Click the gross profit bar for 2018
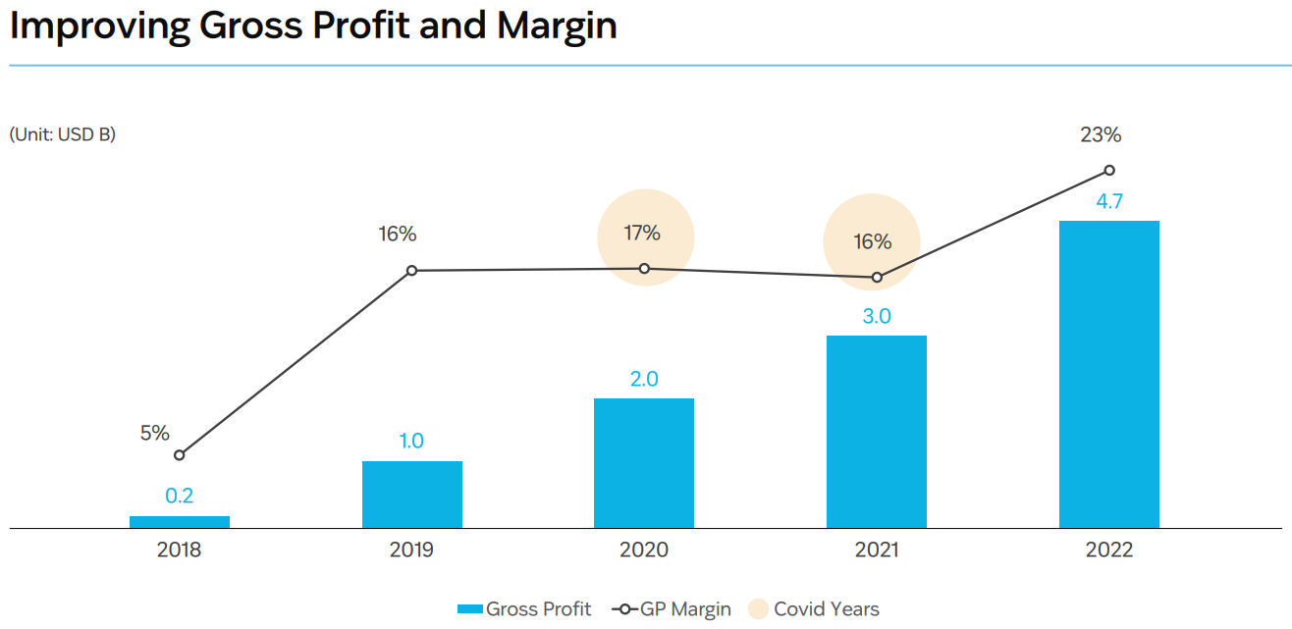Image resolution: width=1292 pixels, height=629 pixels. click(x=180, y=522)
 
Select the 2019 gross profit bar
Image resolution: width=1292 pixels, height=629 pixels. click(x=412, y=495)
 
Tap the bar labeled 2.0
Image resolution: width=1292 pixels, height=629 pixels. click(x=644, y=463)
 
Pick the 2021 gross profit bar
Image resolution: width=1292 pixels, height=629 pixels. click(x=877, y=432)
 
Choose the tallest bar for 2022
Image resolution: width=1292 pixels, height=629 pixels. click(x=1109, y=374)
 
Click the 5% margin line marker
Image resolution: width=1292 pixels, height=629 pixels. click(x=180, y=455)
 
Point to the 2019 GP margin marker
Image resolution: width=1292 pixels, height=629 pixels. click(x=412, y=271)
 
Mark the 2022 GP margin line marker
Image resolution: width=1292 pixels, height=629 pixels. click(x=1109, y=170)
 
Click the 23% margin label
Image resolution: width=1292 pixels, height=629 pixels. click(x=1101, y=135)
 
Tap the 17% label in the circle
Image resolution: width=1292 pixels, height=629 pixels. click(x=642, y=234)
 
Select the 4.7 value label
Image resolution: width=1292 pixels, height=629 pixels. click(x=1109, y=202)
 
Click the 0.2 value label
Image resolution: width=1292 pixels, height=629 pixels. click(x=179, y=497)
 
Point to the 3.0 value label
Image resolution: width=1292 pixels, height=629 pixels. click(x=877, y=317)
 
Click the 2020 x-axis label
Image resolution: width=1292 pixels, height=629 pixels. click(x=644, y=550)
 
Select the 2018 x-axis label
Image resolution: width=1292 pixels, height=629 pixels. click(x=179, y=550)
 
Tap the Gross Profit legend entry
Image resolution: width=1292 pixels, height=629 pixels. click(x=524, y=609)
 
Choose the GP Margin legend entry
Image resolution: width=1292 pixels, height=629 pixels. click(x=672, y=609)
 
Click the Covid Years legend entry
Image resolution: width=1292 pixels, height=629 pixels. click(x=814, y=609)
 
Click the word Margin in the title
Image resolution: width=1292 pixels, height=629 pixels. click(x=557, y=26)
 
